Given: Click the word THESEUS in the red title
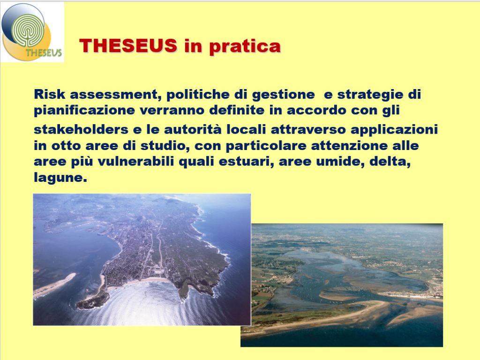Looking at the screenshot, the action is point(128,45).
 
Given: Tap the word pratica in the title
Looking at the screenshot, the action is point(245,47).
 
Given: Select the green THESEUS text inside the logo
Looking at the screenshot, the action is point(44,52).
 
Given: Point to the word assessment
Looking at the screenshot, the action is point(116,95).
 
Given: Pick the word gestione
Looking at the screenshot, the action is point(283,95).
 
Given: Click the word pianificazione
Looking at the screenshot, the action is point(84,111).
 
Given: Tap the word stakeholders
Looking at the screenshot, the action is point(81,129).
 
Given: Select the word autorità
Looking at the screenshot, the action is point(193,129).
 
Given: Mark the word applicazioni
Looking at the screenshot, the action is point(394,130).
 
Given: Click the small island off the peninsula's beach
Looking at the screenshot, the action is point(93,300).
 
